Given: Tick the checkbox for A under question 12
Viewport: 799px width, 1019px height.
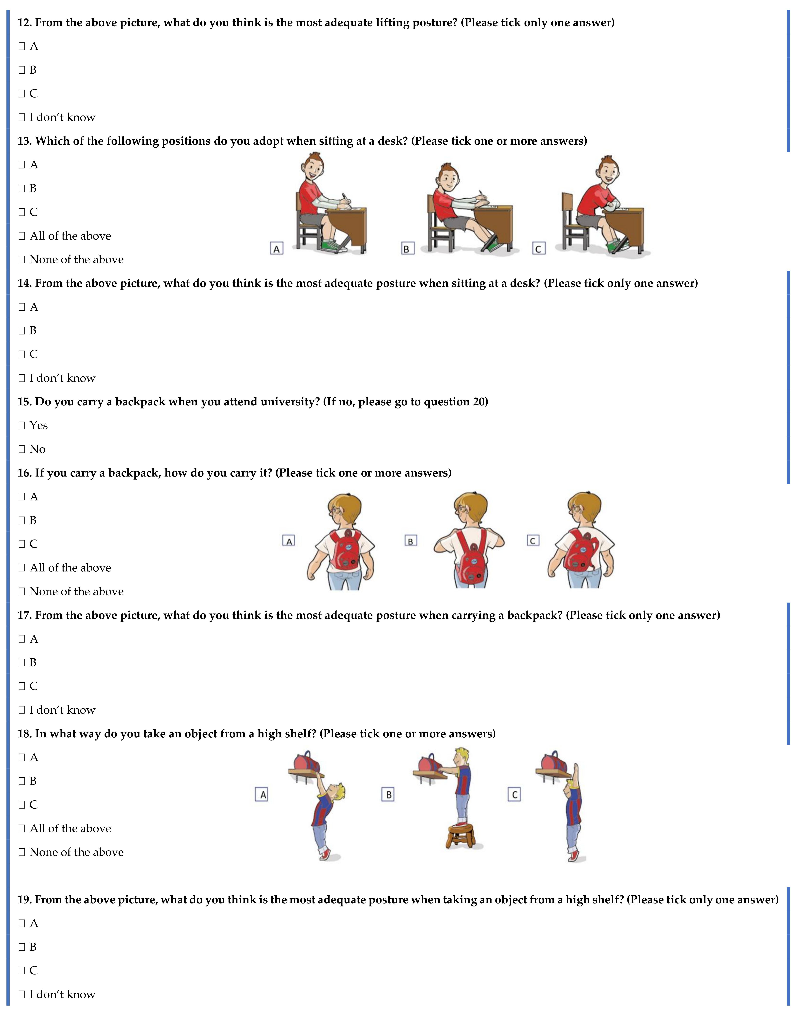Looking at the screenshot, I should (21, 46).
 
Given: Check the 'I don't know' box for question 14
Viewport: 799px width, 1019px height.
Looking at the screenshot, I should (21, 378).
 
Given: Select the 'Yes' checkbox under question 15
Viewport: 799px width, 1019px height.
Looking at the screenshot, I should (21, 425).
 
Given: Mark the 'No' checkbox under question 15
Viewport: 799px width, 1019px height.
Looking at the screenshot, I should (21, 449).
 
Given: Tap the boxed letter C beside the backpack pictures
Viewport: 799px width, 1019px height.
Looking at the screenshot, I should (533, 541).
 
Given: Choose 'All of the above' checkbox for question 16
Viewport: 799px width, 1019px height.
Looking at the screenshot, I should (21, 568).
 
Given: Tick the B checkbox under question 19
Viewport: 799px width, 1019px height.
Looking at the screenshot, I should (21, 947).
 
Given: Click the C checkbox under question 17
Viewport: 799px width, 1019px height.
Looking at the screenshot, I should (21, 686).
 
